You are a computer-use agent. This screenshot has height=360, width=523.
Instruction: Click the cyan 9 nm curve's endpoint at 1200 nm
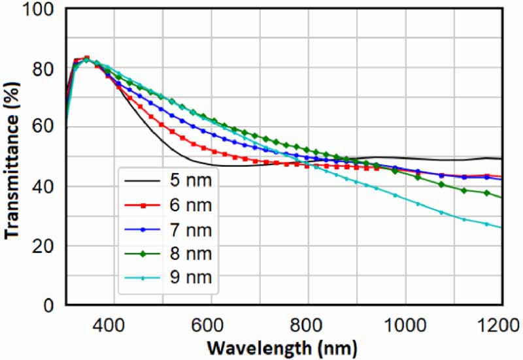pos(501,227)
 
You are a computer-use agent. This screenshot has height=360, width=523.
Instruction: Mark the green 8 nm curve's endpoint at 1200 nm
pos(501,197)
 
